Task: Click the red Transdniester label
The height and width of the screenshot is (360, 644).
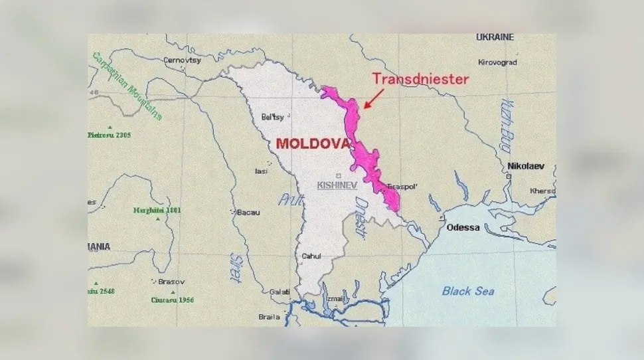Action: [420, 79]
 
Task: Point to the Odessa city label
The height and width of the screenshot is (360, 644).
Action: [463, 227]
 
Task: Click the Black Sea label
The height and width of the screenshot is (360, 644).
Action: [468, 291]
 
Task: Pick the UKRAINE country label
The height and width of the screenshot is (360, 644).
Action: [495, 38]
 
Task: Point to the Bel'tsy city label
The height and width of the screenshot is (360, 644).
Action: [272, 117]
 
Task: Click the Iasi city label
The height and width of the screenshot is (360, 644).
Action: [262, 171]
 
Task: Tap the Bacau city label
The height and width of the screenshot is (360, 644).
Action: [248, 213]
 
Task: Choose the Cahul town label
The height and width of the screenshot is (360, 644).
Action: [311, 256]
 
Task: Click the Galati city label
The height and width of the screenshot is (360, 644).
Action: [280, 292]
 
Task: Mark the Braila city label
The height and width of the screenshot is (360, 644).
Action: [269, 317]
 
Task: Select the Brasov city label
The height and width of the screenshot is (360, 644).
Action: [172, 282]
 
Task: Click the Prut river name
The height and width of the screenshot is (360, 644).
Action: [287, 199]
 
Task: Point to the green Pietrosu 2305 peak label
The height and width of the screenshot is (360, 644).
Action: [109, 135]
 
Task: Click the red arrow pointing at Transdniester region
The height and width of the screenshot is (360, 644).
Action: [373, 98]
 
